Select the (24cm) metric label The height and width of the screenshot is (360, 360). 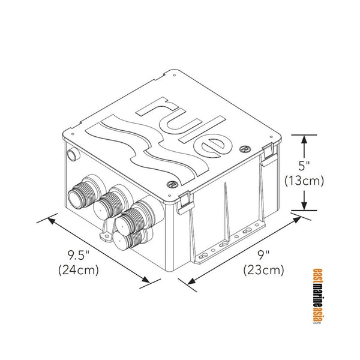click(x=78, y=269)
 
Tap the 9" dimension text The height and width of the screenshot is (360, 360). click(x=263, y=254)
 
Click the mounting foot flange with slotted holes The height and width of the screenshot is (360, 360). click(x=225, y=245)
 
